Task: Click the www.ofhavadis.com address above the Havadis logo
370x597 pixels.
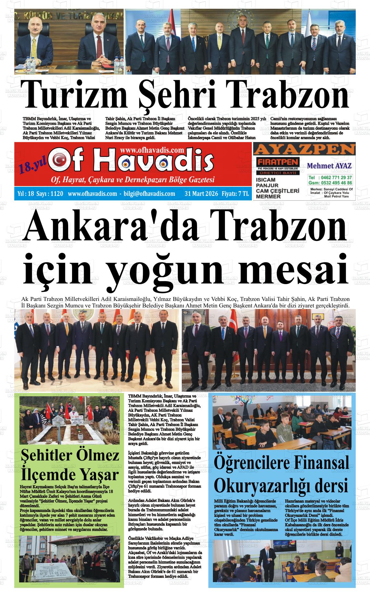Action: [152, 150]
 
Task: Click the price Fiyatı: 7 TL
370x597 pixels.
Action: [235, 194]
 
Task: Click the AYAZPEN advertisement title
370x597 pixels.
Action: [304, 149]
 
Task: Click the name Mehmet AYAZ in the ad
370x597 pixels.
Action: [329, 166]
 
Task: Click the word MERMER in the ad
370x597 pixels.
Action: [268, 197]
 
